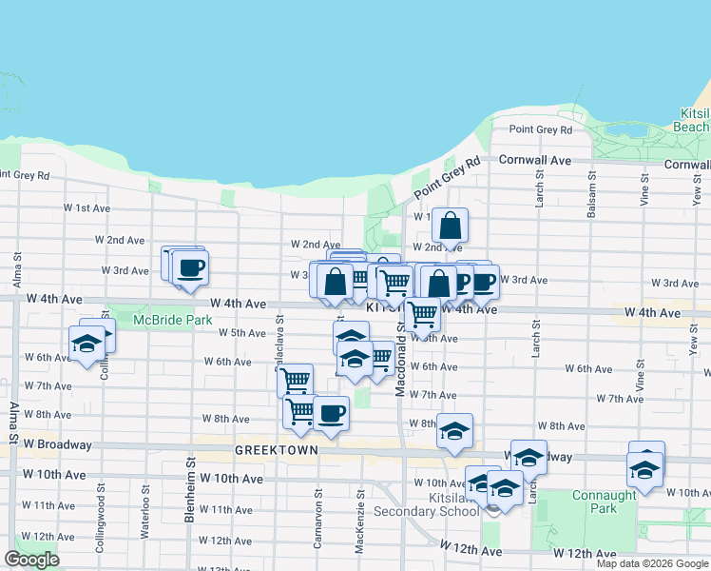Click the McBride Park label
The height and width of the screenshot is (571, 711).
point(173,320)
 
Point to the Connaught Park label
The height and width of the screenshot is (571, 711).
point(605,502)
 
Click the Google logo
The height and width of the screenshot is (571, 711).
point(31,560)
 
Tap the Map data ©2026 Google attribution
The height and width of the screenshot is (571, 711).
point(652,563)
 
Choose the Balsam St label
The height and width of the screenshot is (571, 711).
point(591,198)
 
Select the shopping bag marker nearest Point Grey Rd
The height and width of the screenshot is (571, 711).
point(451,226)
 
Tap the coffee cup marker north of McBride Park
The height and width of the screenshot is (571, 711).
point(190,267)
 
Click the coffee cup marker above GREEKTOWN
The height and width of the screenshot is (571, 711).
point(331,414)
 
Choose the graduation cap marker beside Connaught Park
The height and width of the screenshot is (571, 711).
point(644,470)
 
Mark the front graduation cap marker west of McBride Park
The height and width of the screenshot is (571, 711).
point(86,344)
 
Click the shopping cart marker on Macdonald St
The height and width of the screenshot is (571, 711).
point(422,313)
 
